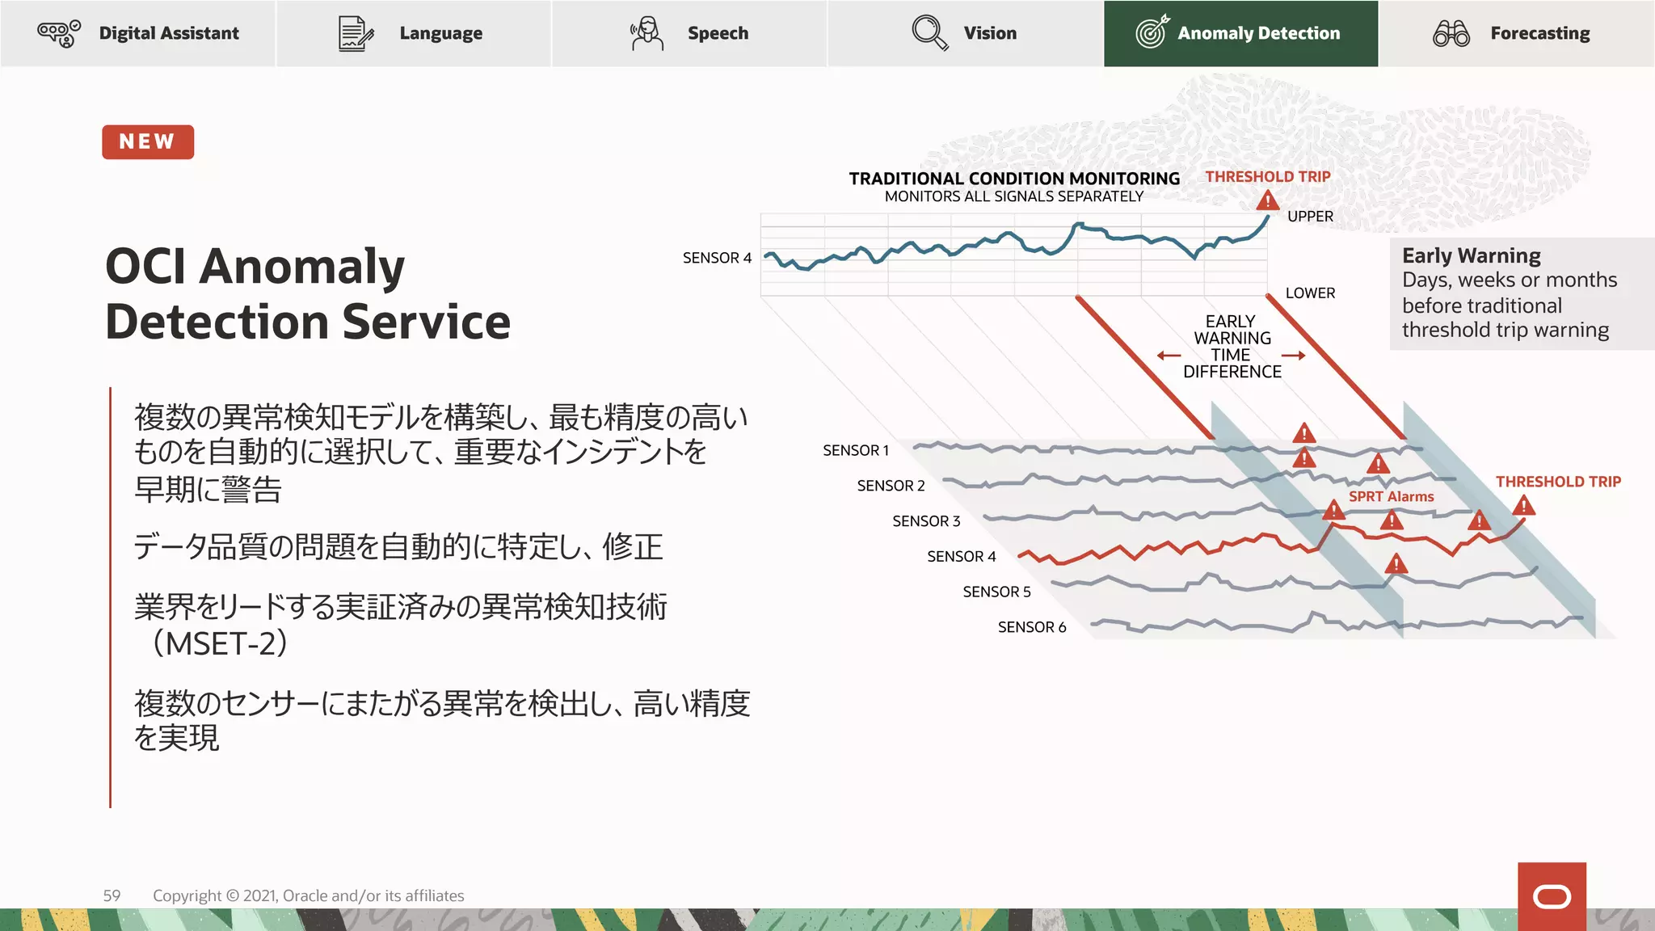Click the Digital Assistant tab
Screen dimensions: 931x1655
tap(138, 33)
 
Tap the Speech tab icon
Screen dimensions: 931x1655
tap(646, 33)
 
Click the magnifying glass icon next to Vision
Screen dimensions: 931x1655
tap(929, 33)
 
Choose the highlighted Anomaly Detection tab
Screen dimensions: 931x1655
tap(1240, 33)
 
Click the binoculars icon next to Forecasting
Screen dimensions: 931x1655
tap(1451, 33)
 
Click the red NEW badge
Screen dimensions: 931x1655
tap(148, 141)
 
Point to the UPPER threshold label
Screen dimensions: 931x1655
tap(1310, 217)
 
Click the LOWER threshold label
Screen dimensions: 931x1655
tap(1310, 293)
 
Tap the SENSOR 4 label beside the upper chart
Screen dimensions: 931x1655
tap(717, 258)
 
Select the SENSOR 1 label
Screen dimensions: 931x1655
tap(856, 450)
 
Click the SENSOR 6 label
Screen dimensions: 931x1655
tap(1032, 627)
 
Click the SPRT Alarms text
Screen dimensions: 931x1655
tap(1391, 496)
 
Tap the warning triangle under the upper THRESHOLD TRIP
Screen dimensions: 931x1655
tap(1267, 200)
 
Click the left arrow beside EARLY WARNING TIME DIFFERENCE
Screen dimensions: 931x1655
tap(1169, 356)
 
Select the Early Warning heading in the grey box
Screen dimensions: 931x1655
tap(1471, 255)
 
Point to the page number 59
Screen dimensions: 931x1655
tap(112, 895)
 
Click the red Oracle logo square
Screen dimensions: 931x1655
tap(1552, 896)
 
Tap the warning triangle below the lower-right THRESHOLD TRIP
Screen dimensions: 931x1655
tap(1523, 508)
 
